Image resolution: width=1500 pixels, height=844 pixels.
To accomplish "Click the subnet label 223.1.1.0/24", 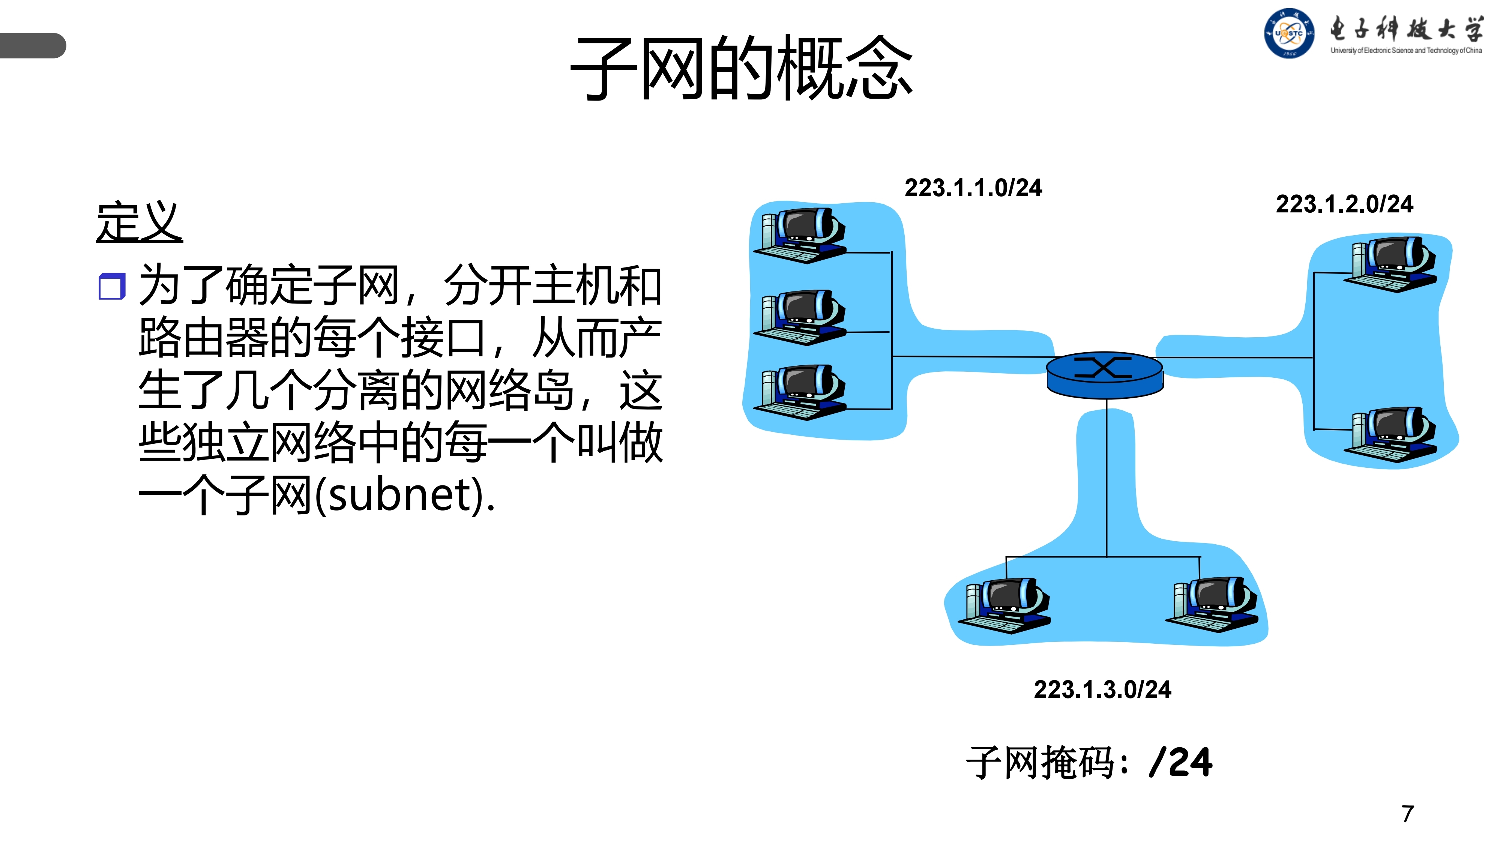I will (973, 188).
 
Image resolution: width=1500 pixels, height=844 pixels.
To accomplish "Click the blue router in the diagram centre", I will (1105, 374).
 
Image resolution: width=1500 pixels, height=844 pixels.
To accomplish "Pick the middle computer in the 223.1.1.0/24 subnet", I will (802, 317).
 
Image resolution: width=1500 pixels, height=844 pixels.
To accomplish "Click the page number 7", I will (1407, 814).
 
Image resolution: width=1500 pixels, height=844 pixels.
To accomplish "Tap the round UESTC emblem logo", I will (1288, 33).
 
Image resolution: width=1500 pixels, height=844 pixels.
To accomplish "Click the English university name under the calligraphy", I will (1406, 51).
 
